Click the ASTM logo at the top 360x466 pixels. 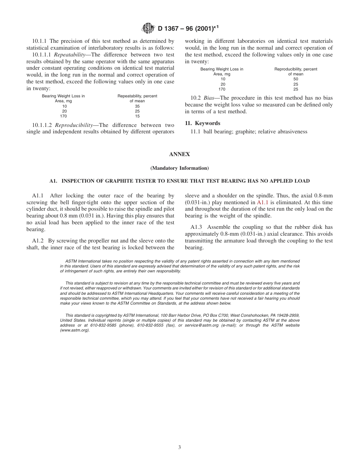tap(148, 28)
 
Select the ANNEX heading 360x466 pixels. tap(180, 154)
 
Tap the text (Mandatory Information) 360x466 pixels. tap(180, 168)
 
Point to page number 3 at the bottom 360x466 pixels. tap(180, 447)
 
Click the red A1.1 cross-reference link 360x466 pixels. tap(263, 202)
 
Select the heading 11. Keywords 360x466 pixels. tap(202, 123)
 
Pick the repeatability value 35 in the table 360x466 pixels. tap(137, 106)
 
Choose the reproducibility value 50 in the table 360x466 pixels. tap(296, 79)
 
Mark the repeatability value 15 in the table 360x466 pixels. tap(137, 116)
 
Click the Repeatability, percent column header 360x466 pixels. tap(137, 96)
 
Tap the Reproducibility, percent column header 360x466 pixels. tap(296, 69)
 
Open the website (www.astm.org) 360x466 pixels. tap(75, 330)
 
